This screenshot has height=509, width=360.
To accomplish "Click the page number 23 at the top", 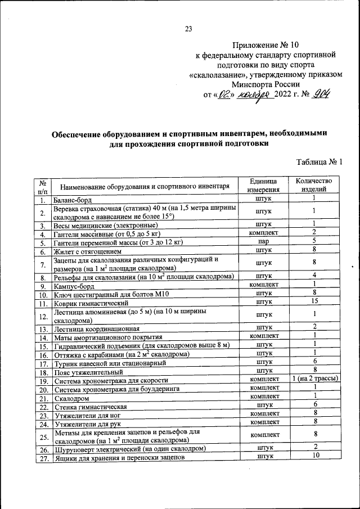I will (x=188, y=30).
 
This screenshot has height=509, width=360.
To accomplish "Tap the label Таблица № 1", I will (x=319, y=162).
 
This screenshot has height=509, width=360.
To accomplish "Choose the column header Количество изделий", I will (x=314, y=185).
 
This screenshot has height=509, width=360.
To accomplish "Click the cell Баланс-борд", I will (x=73, y=199).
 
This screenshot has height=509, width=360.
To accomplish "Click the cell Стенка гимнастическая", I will (x=90, y=406).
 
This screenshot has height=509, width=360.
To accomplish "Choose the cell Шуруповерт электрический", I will (x=129, y=448).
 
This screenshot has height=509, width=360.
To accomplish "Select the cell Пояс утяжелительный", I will (x=88, y=372).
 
